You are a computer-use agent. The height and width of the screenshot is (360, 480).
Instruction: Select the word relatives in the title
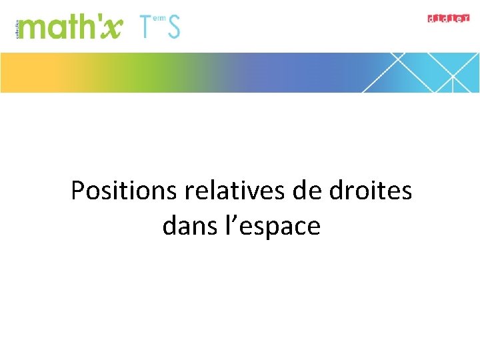[x=237, y=191]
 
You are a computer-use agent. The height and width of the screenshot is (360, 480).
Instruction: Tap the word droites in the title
[x=371, y=191]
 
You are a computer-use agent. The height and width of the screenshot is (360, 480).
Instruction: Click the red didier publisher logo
[x=448, y=18]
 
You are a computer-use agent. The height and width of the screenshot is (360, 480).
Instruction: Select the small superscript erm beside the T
[x=159, y=19]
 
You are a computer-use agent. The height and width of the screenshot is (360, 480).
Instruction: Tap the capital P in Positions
[x=77, y=191]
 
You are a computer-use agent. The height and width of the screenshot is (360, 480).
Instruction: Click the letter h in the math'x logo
[x=87, y=27]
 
